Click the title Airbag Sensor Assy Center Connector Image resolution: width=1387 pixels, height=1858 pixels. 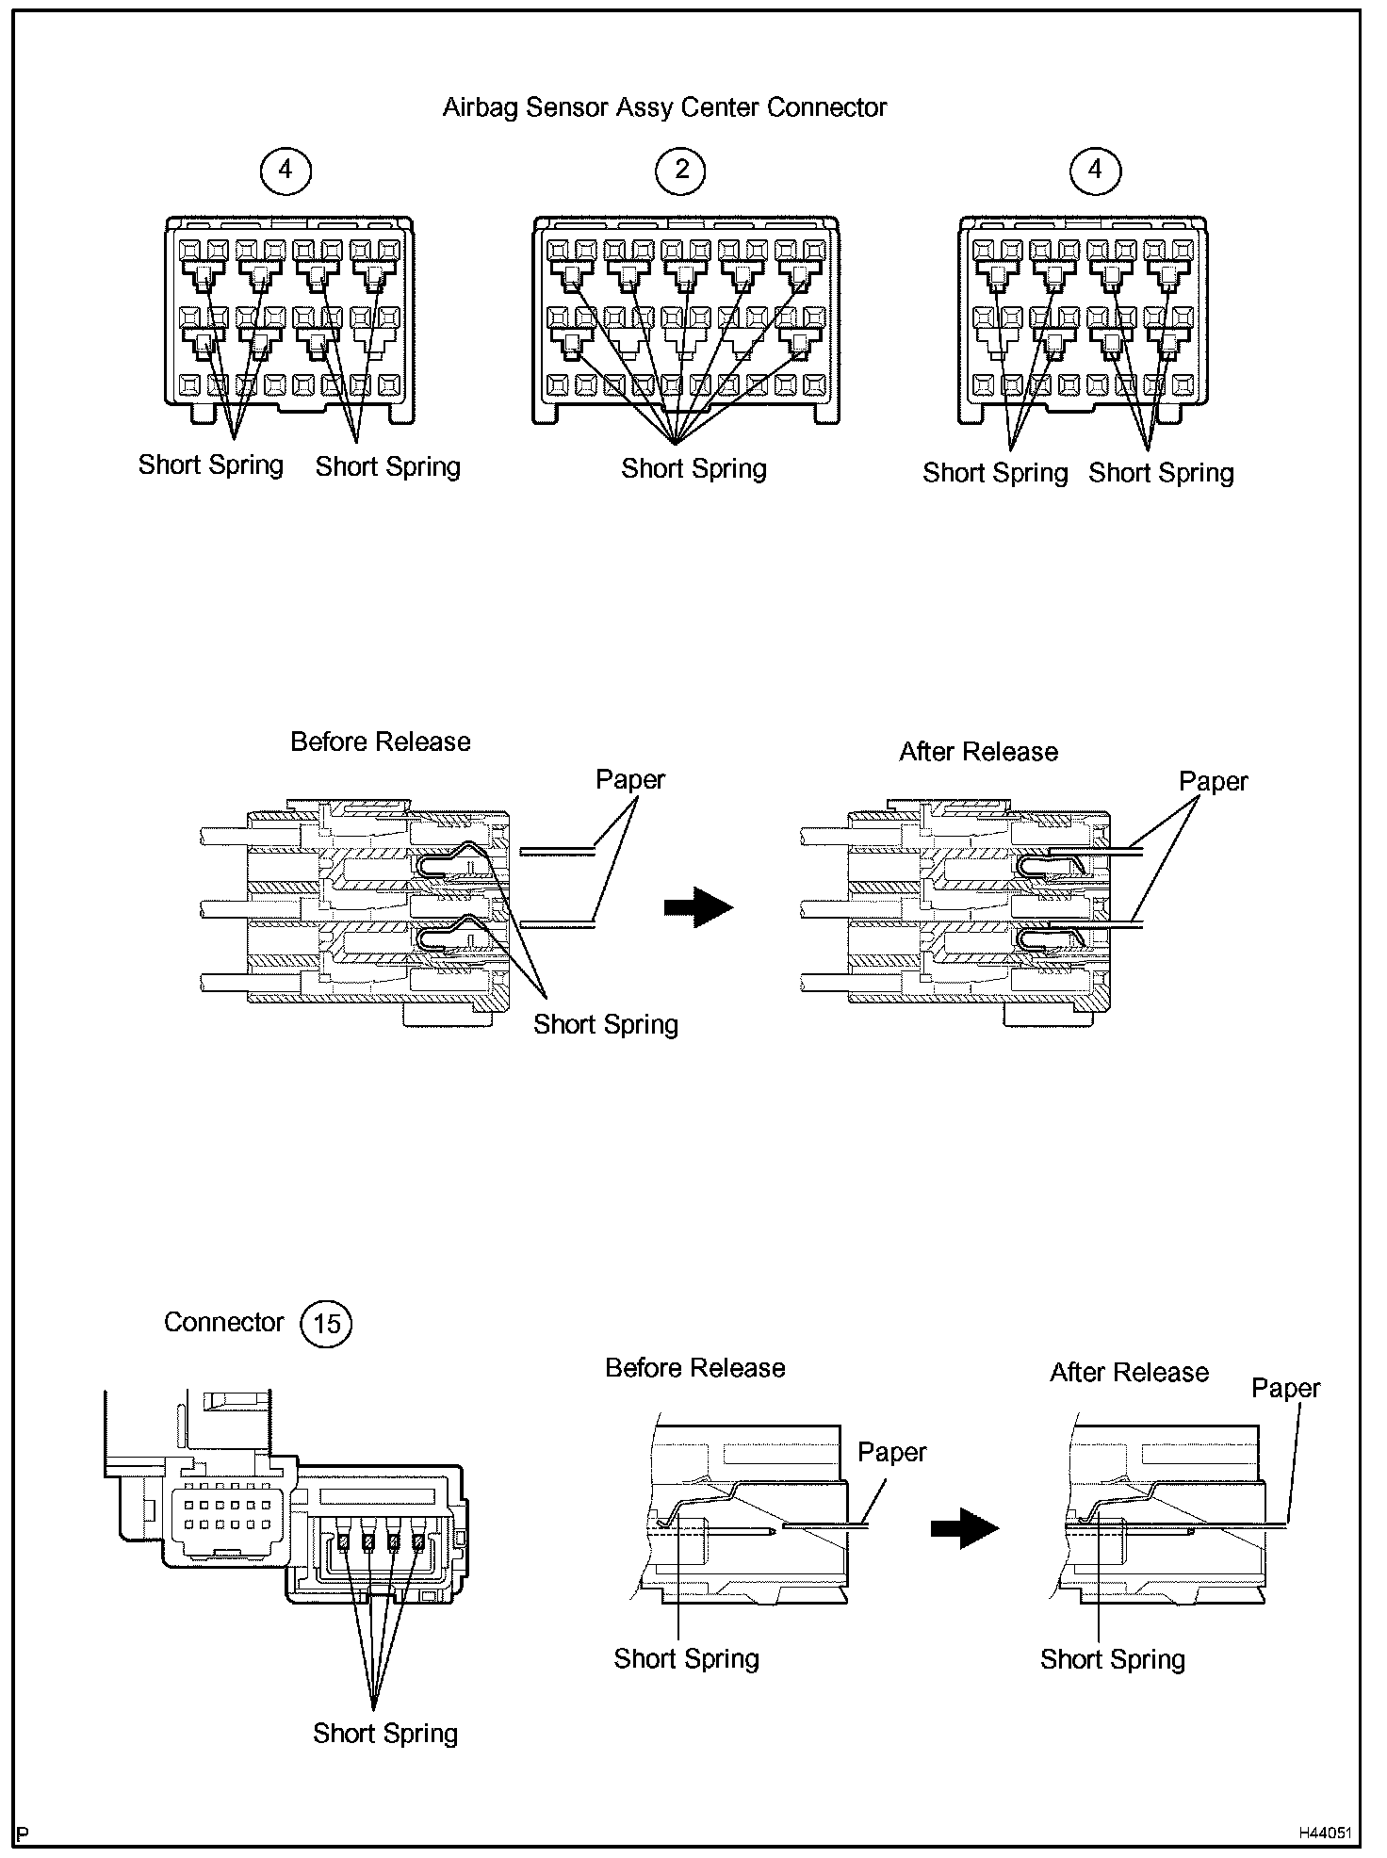tap(664, 107)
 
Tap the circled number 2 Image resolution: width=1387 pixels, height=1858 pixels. tap(681, 170)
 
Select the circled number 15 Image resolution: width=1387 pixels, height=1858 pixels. tap(325, 1324)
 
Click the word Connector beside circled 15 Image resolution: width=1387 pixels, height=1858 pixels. tap(223, 1322)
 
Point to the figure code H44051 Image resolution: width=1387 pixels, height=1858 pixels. tap(1325, 1833)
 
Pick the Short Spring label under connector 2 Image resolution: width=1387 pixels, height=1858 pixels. tap(693, 468)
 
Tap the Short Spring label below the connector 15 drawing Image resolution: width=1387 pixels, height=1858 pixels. tap(385, 1733)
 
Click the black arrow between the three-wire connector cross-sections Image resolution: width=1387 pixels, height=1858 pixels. tap(698, 906)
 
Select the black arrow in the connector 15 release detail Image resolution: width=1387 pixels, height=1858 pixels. tap(964, 1527)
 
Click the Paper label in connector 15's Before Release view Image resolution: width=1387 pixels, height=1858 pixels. tap(891, 1452)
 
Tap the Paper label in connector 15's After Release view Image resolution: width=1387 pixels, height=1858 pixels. tap(1285, 1388)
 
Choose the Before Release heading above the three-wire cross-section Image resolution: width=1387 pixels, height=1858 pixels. tap(380, 742)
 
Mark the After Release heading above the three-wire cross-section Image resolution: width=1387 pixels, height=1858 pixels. tap(978, 751)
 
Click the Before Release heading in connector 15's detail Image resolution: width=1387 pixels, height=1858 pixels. tap(694, 1367)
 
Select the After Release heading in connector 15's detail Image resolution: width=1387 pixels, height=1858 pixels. tap(1129, 1372)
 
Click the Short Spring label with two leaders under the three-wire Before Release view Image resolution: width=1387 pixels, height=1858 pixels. tap(605, 1024)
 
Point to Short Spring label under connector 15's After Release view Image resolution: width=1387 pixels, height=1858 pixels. tap(1112, 1659)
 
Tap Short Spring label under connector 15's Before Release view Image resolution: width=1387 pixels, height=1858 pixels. tap(686, 1658)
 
